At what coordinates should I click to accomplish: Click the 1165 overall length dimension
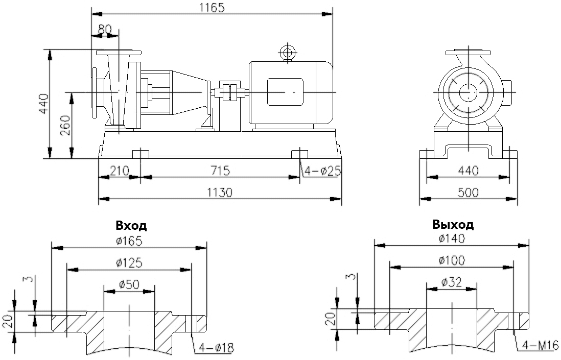tap(211, 7)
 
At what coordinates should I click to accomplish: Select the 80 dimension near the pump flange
tap(104, 30)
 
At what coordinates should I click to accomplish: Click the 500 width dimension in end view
tap(468, 193)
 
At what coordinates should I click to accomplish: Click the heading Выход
tap(453, 224)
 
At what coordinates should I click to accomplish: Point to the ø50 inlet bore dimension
tap(129, 284)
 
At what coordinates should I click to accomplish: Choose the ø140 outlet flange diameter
tap(452, 238)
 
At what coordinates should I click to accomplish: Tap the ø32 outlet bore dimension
tap(452, 281)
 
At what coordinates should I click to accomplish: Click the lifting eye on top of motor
tap(287, 52)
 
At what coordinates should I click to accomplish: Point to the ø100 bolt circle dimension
tap(452, 260)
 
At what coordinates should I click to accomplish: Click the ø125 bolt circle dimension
tap(129, 263)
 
